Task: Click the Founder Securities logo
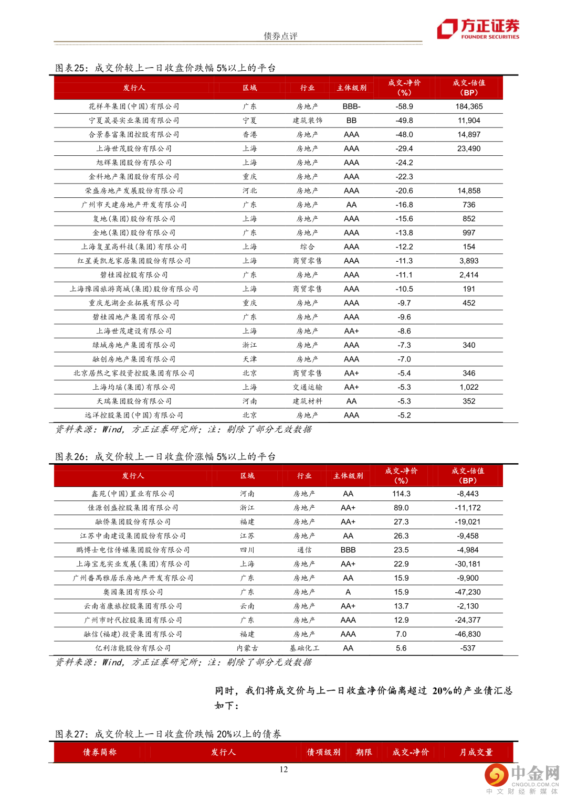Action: (478, 29)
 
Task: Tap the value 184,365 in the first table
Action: (469, 106)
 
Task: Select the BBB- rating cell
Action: (351, 106)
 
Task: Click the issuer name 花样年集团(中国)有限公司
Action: (134, 106)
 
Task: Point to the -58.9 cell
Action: (404, 106)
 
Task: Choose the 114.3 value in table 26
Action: (401, 494)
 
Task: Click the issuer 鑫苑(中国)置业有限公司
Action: (133, 494)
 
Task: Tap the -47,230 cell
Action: (468, 592)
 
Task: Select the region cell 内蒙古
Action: (247, 648)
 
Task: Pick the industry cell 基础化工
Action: (304, 648)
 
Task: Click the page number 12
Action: (283, 769)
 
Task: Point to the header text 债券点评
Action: (280, 36)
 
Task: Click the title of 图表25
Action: (165, 68)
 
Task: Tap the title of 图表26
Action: (165, 456)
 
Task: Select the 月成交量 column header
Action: (476, 752)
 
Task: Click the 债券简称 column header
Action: (100, 752)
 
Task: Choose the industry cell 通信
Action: (304, 550)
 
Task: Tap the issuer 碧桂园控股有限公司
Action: (134, 275)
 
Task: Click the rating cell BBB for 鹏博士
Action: (348, 550)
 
